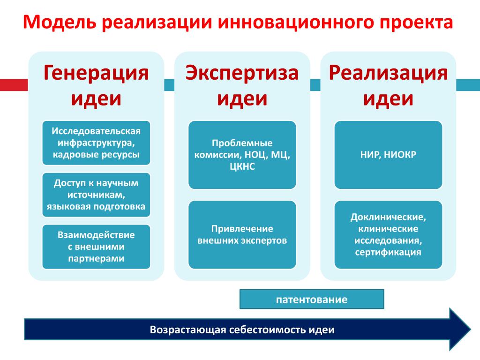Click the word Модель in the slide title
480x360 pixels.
[x=60, y=22]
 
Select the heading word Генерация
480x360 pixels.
[x=96, y=73]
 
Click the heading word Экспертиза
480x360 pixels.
[x=242, y=73]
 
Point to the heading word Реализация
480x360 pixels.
[x=388, y=73]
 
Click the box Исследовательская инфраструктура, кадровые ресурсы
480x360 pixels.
[x=96, y=143]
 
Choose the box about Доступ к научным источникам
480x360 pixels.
[x=96, y=195]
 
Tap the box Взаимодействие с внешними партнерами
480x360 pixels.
[x=96, y=247]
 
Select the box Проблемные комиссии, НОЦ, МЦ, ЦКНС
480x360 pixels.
[x=242, y=155]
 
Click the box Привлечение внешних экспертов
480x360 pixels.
[x=242, y=235]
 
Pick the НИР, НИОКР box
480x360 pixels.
[x=388, y=155]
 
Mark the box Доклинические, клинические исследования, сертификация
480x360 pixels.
[x=388, y=235]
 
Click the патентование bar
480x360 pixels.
[x=312, y=299]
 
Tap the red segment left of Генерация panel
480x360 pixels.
[x=14, y=85]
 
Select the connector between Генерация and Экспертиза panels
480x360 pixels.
[x=169, y=85]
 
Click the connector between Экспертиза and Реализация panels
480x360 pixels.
[x=315, y=85]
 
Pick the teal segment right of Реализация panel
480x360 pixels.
[x=468, y=85]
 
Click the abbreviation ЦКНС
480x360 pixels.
[x=242, y=166]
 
